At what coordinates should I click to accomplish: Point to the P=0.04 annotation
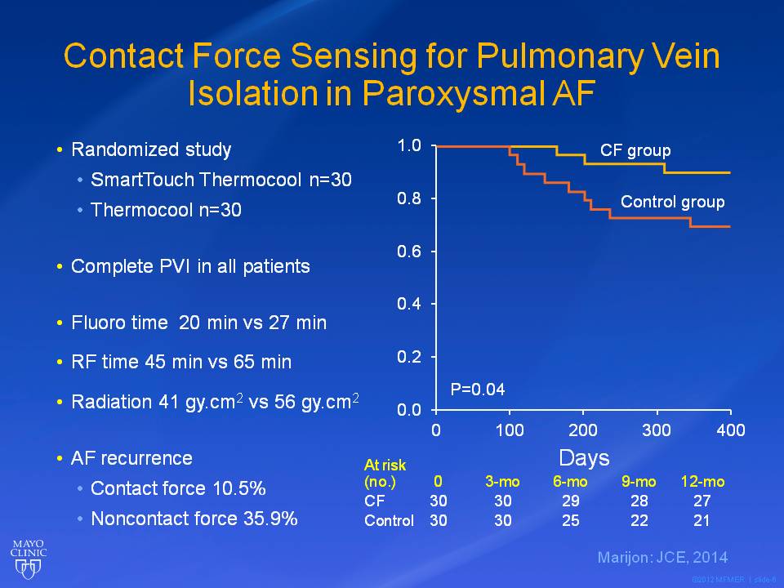click(x=478, y=390)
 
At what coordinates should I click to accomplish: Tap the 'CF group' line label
click(x=635, y=151)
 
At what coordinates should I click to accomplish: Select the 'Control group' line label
click(x=672, y=202)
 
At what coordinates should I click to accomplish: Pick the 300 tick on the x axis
click(x=657, y=430)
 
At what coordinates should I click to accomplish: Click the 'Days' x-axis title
click(x=584, y=457)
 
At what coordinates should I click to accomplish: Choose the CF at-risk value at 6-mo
click(x=571, y=501)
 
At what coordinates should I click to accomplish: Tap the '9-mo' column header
click(x=639, y=482)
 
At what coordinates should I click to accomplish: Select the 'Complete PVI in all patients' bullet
click(x=190, y=266)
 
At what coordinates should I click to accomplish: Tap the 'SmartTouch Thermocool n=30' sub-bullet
click(x=220, y=180)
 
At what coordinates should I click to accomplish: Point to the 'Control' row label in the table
click(x=388, y=520)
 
